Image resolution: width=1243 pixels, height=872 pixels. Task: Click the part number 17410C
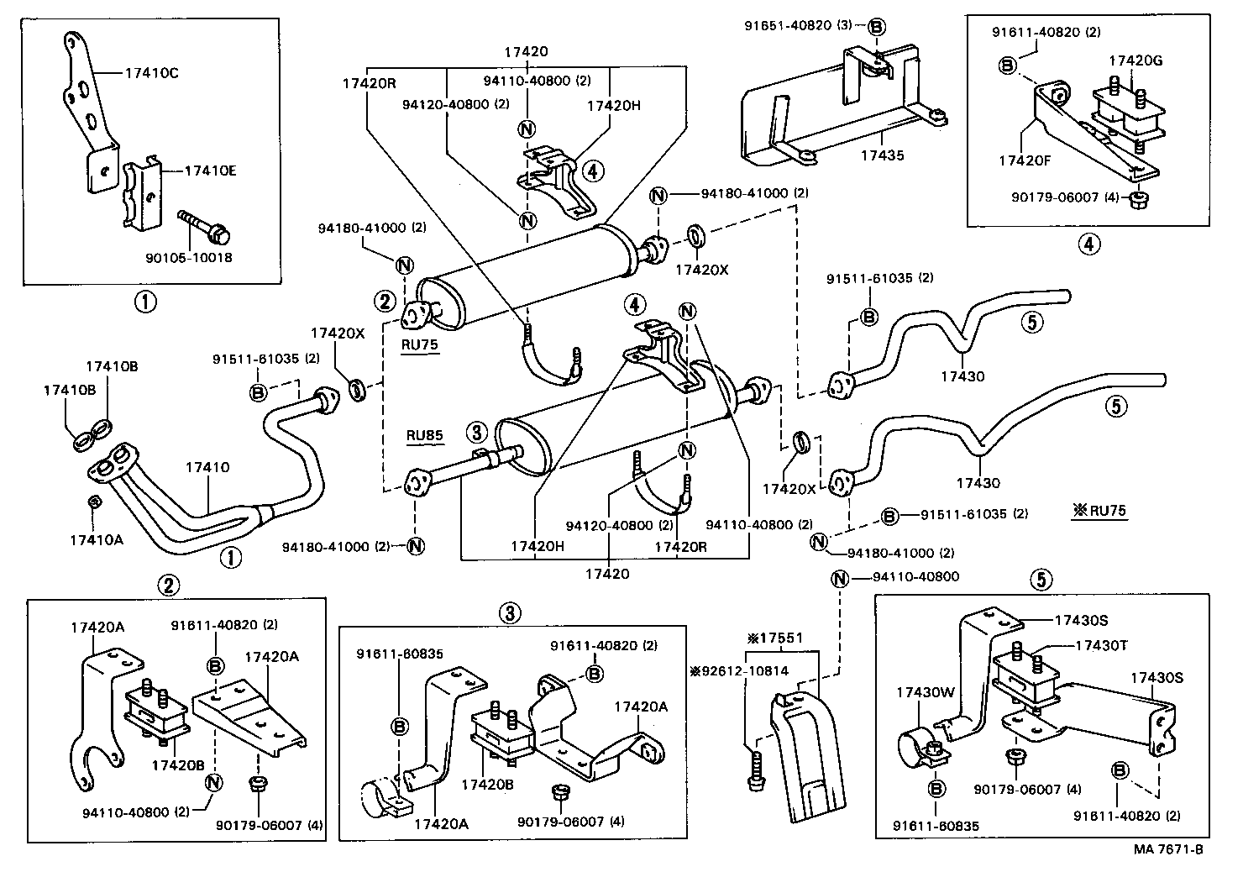click(x=151, y=73)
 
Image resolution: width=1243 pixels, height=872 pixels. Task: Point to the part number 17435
click(x=882, y=155)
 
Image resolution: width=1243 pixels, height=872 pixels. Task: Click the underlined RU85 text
click(x=424, y=435)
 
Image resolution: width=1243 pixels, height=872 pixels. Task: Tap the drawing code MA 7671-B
click(x=1168, y=849)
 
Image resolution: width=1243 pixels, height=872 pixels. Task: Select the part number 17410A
click(x=96, y=539)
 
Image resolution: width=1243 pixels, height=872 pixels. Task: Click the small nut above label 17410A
click(x=95, y=503)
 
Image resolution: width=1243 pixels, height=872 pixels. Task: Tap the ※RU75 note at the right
click(x=1099, y=510)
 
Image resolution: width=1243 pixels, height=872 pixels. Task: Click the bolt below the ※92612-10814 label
click(x=753, y=770)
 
